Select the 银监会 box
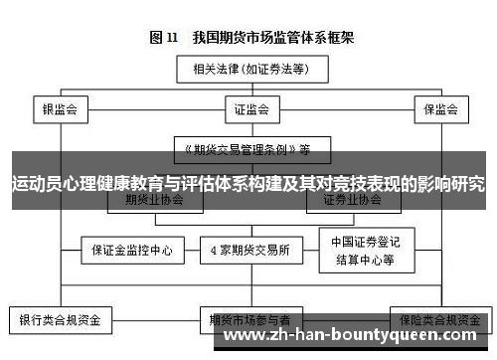[x=60, y=106]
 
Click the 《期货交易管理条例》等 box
[x=244, y=150]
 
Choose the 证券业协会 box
[x=351, y=200]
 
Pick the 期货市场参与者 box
[x=248, y=320]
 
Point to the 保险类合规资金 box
[x=437, y=320]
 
